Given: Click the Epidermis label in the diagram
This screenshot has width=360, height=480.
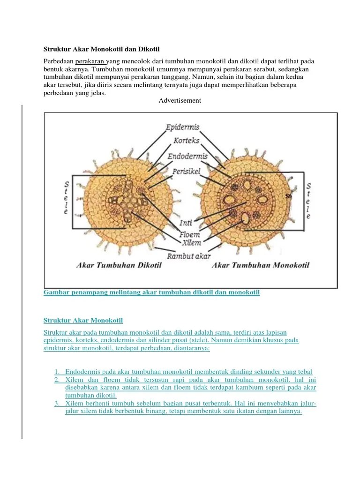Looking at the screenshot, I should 183,127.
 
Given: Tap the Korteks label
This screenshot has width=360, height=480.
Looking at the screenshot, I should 187,140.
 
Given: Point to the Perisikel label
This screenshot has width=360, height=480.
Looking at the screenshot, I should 187,172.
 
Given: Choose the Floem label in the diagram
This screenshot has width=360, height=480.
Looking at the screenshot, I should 189,233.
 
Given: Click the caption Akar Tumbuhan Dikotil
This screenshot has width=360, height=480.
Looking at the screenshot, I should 119,265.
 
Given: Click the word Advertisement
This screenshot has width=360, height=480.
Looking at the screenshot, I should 180,100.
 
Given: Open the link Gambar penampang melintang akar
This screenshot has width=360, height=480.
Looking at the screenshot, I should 151,292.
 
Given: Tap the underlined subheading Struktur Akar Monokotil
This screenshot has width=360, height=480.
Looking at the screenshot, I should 83,321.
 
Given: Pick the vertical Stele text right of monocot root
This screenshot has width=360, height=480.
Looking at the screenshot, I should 308,201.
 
